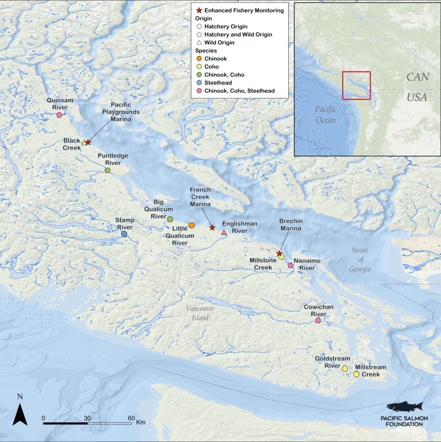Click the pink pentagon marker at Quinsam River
pyautogui.click(x=59, y=115)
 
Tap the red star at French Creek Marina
pyautogui.click(x=212, y=227)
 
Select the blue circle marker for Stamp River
pyautogui.click(x=124, y=234)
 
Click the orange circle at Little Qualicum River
pyautogui.click(x=192, y=225)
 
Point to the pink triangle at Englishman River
pyautogui.click(x=224, y=233)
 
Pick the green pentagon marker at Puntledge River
pyautogui.click(x=107, y=170)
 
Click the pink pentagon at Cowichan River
pyautogui.click(x=318, y=320)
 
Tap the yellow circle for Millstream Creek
pyautogui.click(x=356, y=374)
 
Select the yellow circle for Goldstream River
pyautogui.click(x=345, y=368)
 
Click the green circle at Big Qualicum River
pyautogui.click(x=170, y=219)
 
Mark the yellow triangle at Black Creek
pyautogui.click(x=84, y=143)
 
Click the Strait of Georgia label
pyautogui.click(x=360, y=259)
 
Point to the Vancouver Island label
pyautogui.click(x=200, y=313)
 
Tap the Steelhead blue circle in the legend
pyautogui.click(x=199, y=83)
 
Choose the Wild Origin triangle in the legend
pyautogui.click(x=199, y=42)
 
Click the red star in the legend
pyautogui.click(x=199, y=10)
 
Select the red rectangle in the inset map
pyautogui.click(x=356, y=85)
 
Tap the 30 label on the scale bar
pyautogui.click(x=88, y=418)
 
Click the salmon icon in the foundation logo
pyautogui.click(x=404, y=407)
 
